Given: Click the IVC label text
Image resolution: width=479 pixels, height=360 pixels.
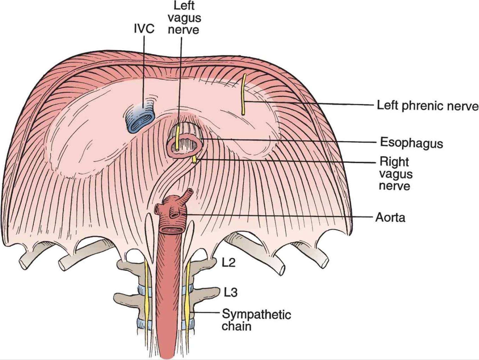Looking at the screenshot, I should point(144,29).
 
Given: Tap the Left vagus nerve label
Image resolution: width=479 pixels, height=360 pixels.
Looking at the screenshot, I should point(184,18).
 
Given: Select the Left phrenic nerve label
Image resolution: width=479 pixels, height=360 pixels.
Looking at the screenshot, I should point(428,106).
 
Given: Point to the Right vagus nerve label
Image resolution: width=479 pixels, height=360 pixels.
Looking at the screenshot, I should point(395,174).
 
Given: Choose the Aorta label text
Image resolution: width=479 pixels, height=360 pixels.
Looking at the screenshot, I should point(390,218).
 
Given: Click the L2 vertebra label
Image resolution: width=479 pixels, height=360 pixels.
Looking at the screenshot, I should point(229,263).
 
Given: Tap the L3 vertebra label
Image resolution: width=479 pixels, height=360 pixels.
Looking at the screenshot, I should point(230,292).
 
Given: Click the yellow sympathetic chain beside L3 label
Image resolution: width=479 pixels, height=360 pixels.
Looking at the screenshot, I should point(187,294).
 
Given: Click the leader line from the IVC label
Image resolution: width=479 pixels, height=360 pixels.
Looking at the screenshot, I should point(145,71).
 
